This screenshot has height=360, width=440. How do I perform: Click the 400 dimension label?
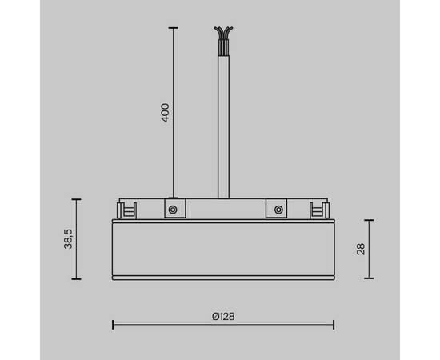tap(166, 112)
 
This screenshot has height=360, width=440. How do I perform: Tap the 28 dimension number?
tap(361, 249)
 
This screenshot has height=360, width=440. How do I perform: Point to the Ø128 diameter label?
tap(223, 316)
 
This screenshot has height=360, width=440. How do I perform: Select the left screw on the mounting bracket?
tap(171, 210)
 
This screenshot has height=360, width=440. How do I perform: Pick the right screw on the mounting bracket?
tap(278, 210)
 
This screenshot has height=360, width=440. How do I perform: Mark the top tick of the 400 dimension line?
tap(172, 27)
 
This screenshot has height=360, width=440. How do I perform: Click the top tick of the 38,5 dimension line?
tap(77, 199)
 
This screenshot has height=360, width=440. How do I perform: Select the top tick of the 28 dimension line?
tap(369, 220)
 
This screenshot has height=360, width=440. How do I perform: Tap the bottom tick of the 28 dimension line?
tap(369, 278)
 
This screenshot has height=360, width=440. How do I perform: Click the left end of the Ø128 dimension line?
tap(112, 324)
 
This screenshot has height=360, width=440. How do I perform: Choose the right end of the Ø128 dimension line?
tap(334, 324)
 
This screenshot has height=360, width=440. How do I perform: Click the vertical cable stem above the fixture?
tap(223, 120)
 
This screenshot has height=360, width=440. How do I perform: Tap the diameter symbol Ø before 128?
tap(215, 316)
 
